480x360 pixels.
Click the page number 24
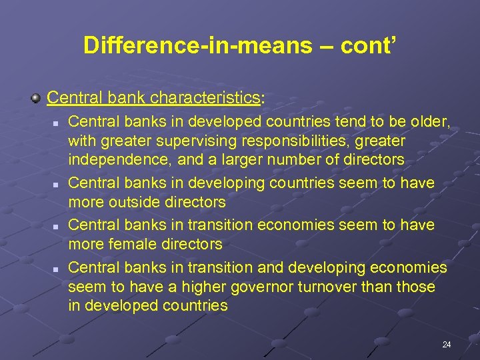point(446,345)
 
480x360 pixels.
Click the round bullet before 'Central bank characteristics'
point(36,99)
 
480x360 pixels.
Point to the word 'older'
point(431,122)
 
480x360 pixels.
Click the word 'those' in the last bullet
point(417,287)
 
